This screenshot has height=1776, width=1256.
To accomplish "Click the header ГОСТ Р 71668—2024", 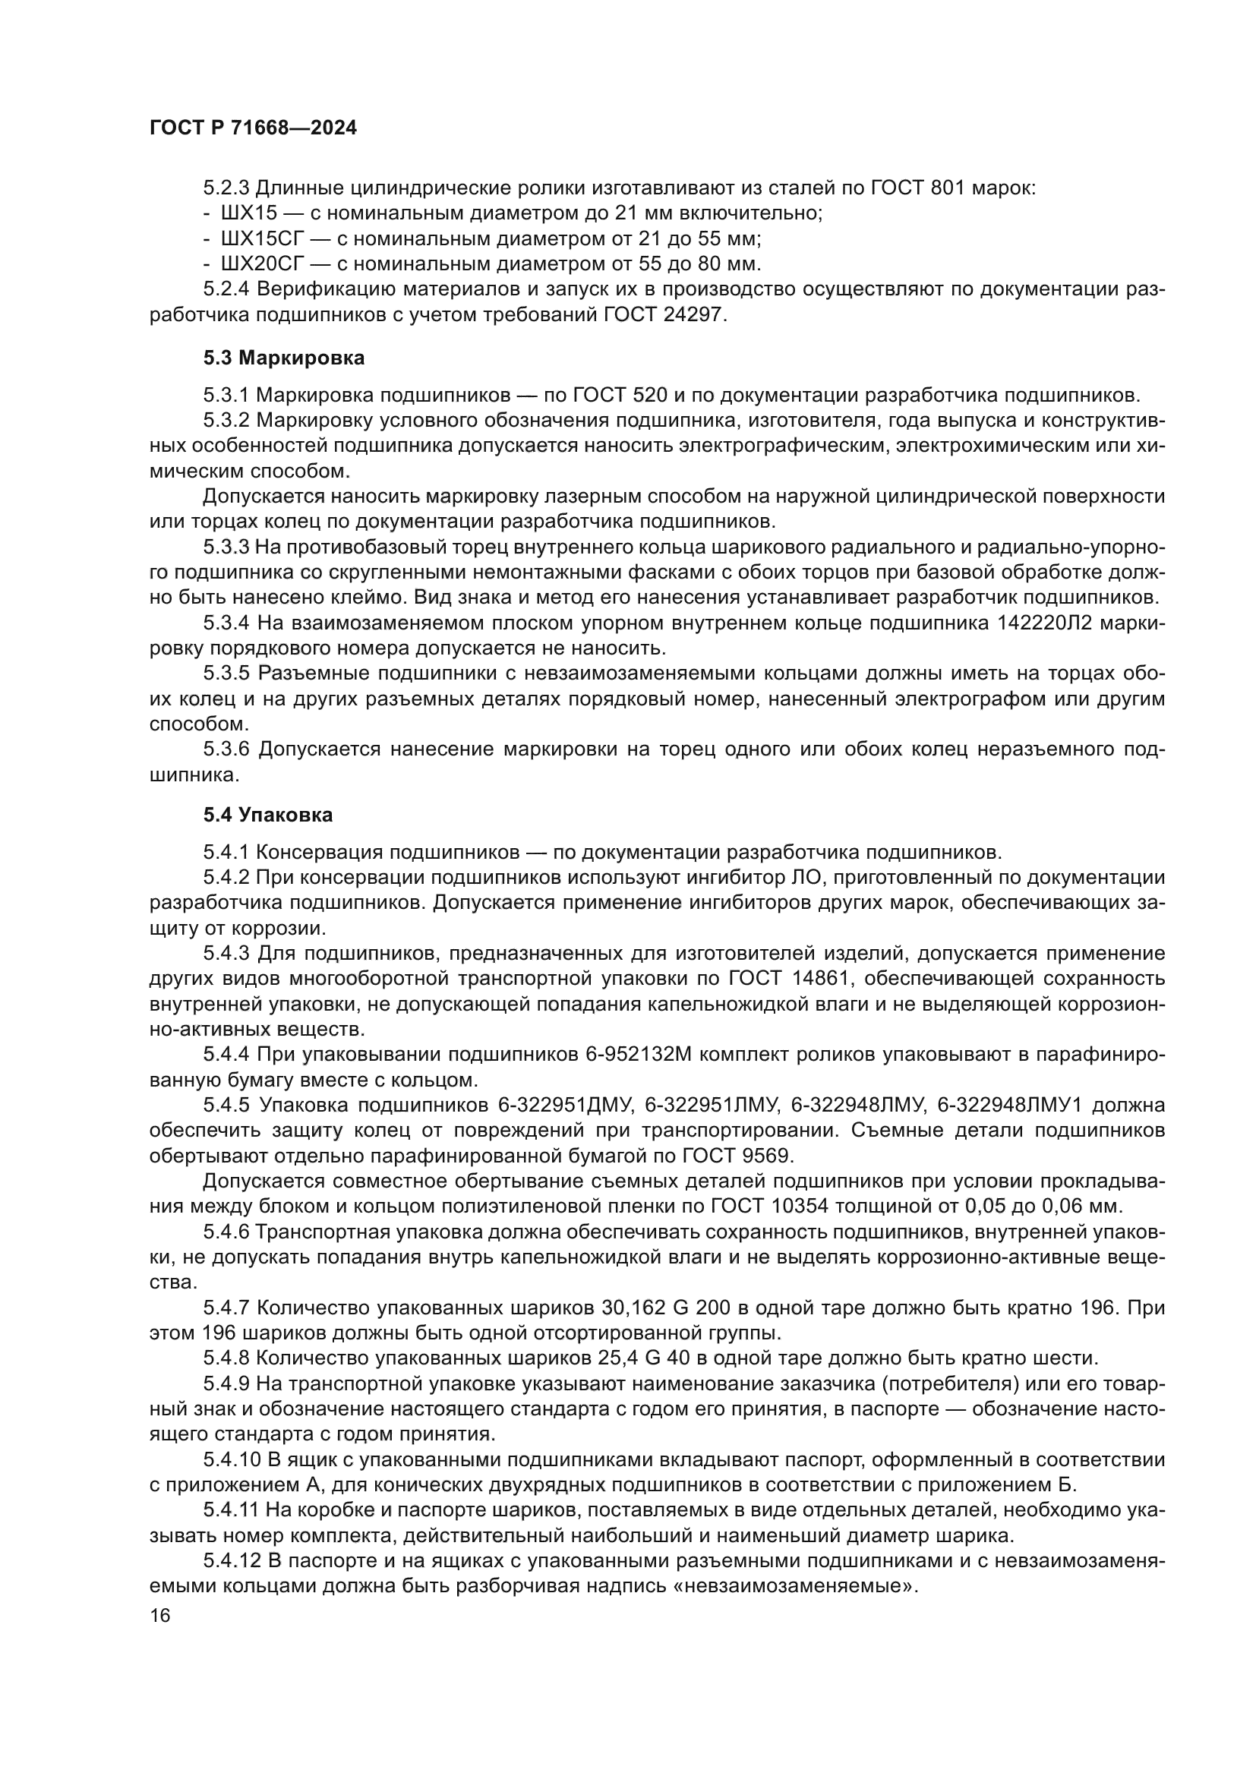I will [x=253, y=128].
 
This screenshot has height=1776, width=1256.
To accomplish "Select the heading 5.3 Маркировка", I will [x=284, y=358].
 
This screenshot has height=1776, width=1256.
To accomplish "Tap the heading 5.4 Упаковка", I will [x=268, y=815].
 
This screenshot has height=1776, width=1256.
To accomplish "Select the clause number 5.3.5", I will [x=226, y=673].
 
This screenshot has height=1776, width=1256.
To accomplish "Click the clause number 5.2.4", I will [x=226, y=289].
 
